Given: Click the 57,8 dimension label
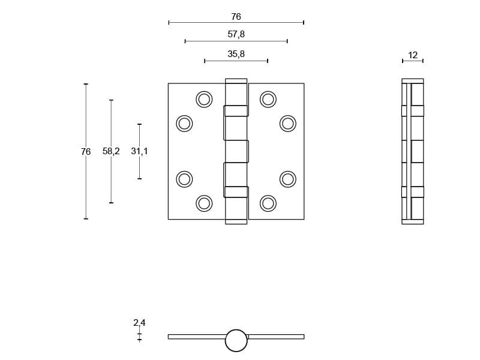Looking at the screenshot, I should pos(236,35).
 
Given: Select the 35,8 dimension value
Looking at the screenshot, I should pos(236,54).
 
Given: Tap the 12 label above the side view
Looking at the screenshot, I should pos(413,55).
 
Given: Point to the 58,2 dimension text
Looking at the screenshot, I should pos(111,151).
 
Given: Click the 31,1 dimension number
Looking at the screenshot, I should pos(139,151).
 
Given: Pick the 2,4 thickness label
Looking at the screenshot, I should pos(139,323).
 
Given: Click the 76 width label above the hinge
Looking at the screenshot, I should pos(236,17).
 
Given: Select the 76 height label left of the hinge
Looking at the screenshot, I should pos(86,152).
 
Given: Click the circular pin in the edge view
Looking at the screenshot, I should pos(236,340).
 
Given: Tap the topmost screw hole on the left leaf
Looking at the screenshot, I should pos(204,99).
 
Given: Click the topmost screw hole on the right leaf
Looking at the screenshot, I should pos(268,99).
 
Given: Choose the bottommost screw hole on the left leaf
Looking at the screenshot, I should pos(204,203).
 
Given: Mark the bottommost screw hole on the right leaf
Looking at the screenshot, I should pos(268,203).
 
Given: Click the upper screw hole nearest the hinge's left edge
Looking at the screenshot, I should pos(184,124).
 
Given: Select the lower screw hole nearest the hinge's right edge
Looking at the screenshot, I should pos(288,179).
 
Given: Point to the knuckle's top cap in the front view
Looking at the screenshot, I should pos(236,80).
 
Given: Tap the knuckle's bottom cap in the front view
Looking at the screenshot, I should pos(236,221).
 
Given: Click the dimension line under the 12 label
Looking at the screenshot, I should pos(413,61).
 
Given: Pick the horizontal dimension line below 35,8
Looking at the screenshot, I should pos(236,61).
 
